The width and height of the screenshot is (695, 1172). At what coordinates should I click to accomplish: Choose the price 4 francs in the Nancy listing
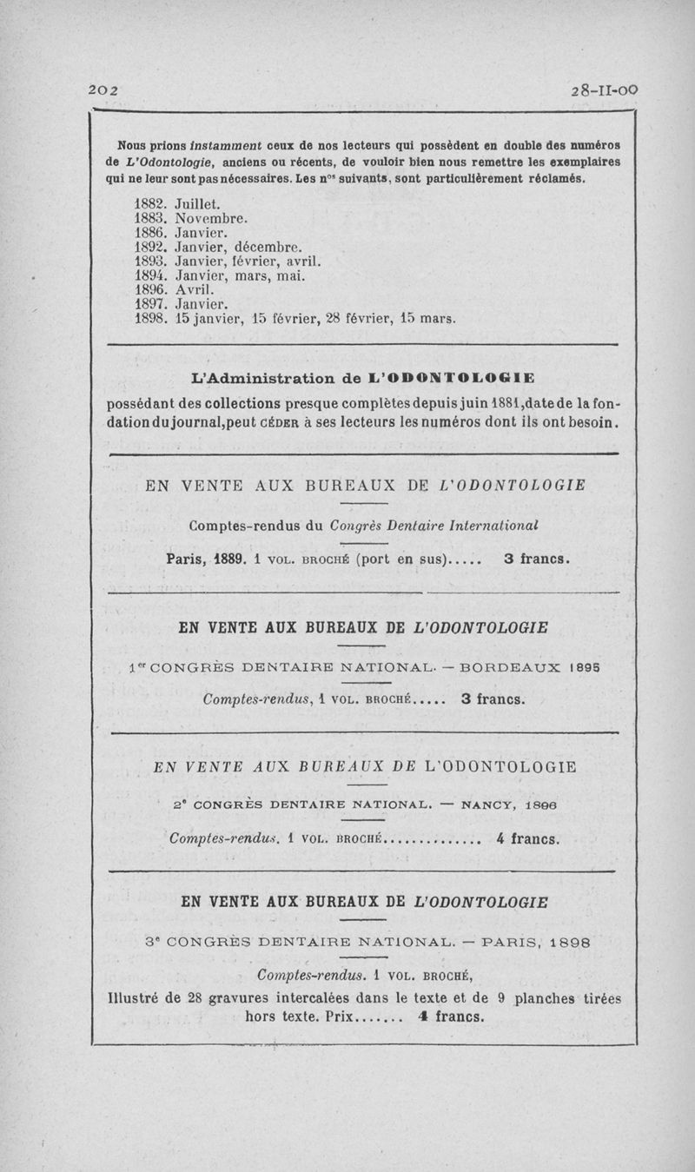click(x=527, y=839)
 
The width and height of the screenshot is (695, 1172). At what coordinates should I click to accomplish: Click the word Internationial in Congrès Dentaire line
click(x=490, y=525)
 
